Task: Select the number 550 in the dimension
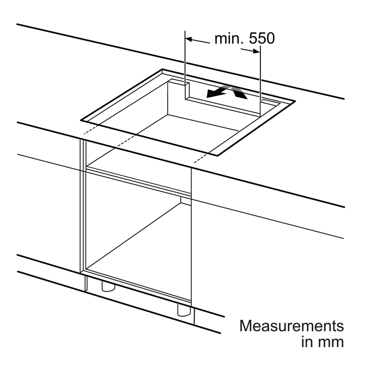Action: point(262,39)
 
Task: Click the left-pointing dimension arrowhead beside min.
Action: point(189,39)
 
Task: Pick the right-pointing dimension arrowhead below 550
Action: point(256,51)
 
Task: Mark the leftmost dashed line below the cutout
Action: point(91,130)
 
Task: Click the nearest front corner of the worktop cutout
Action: point(218,156)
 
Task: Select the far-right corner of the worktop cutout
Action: point(295,101)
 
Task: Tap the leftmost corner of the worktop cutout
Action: point(81,120)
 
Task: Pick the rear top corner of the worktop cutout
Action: point(162,69)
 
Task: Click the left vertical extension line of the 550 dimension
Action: point(185,65)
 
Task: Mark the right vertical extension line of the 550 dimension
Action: point(260,81)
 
